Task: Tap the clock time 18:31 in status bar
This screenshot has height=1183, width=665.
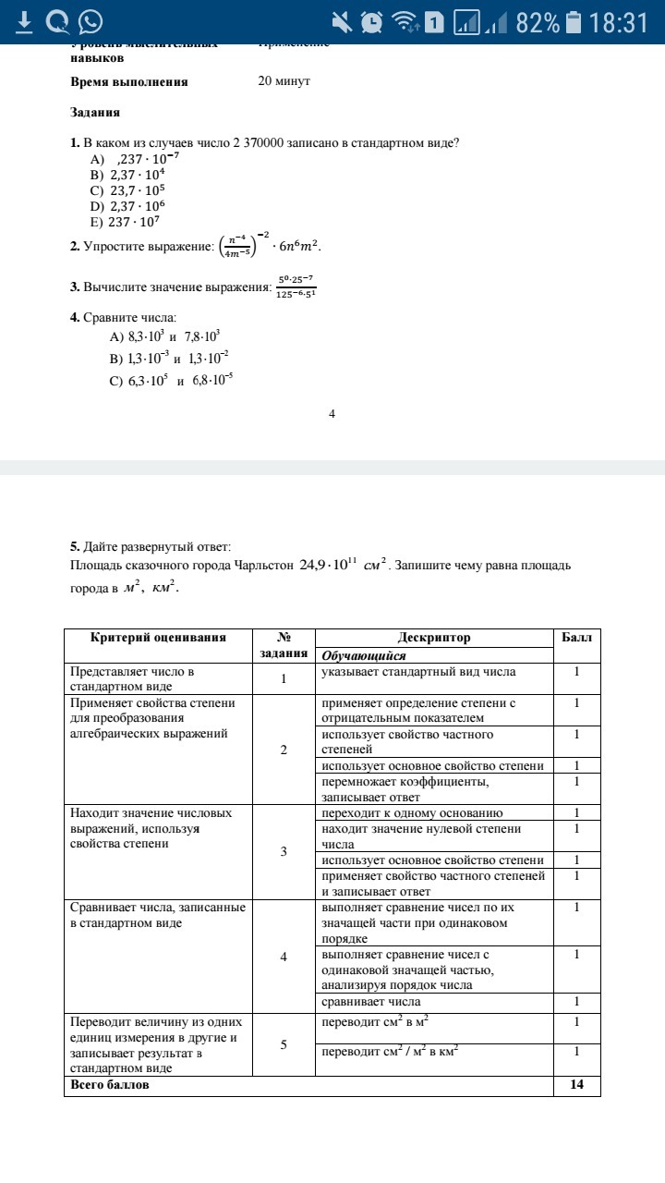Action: click(619, 22)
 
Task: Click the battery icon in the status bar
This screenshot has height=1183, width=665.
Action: click(574, 22)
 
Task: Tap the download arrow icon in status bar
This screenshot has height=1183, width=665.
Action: click(24, 21)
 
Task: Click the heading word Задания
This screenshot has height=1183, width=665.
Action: click(95, 113)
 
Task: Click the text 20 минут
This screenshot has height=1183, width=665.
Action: click(284, 81)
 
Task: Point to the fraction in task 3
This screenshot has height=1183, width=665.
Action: click(296, 286)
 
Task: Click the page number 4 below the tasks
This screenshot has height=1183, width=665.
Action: click(332, 413)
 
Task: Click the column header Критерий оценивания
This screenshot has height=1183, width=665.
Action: click(158, 638)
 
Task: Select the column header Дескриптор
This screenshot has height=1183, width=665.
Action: click(434, 638)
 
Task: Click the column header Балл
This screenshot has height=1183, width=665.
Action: click(577, 638)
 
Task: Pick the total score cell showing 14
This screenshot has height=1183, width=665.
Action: click(577, 1085)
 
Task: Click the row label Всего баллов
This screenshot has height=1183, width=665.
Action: click(110, 1085)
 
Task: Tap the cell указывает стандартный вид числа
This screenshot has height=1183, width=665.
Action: click(418, 672)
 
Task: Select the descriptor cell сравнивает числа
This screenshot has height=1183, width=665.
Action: click(370, 1002)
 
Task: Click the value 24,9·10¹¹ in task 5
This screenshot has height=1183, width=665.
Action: click(327, 564)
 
